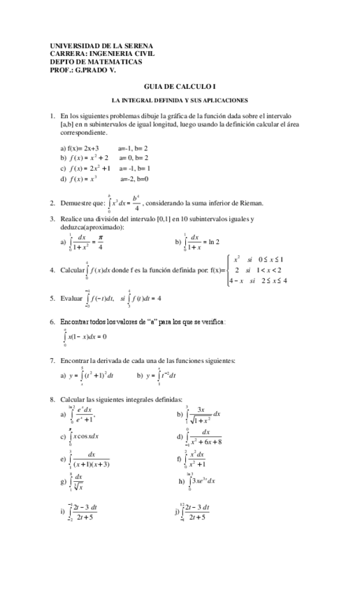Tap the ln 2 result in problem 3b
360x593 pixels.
pos(211,242)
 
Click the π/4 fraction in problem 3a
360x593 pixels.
pos(101,242)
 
